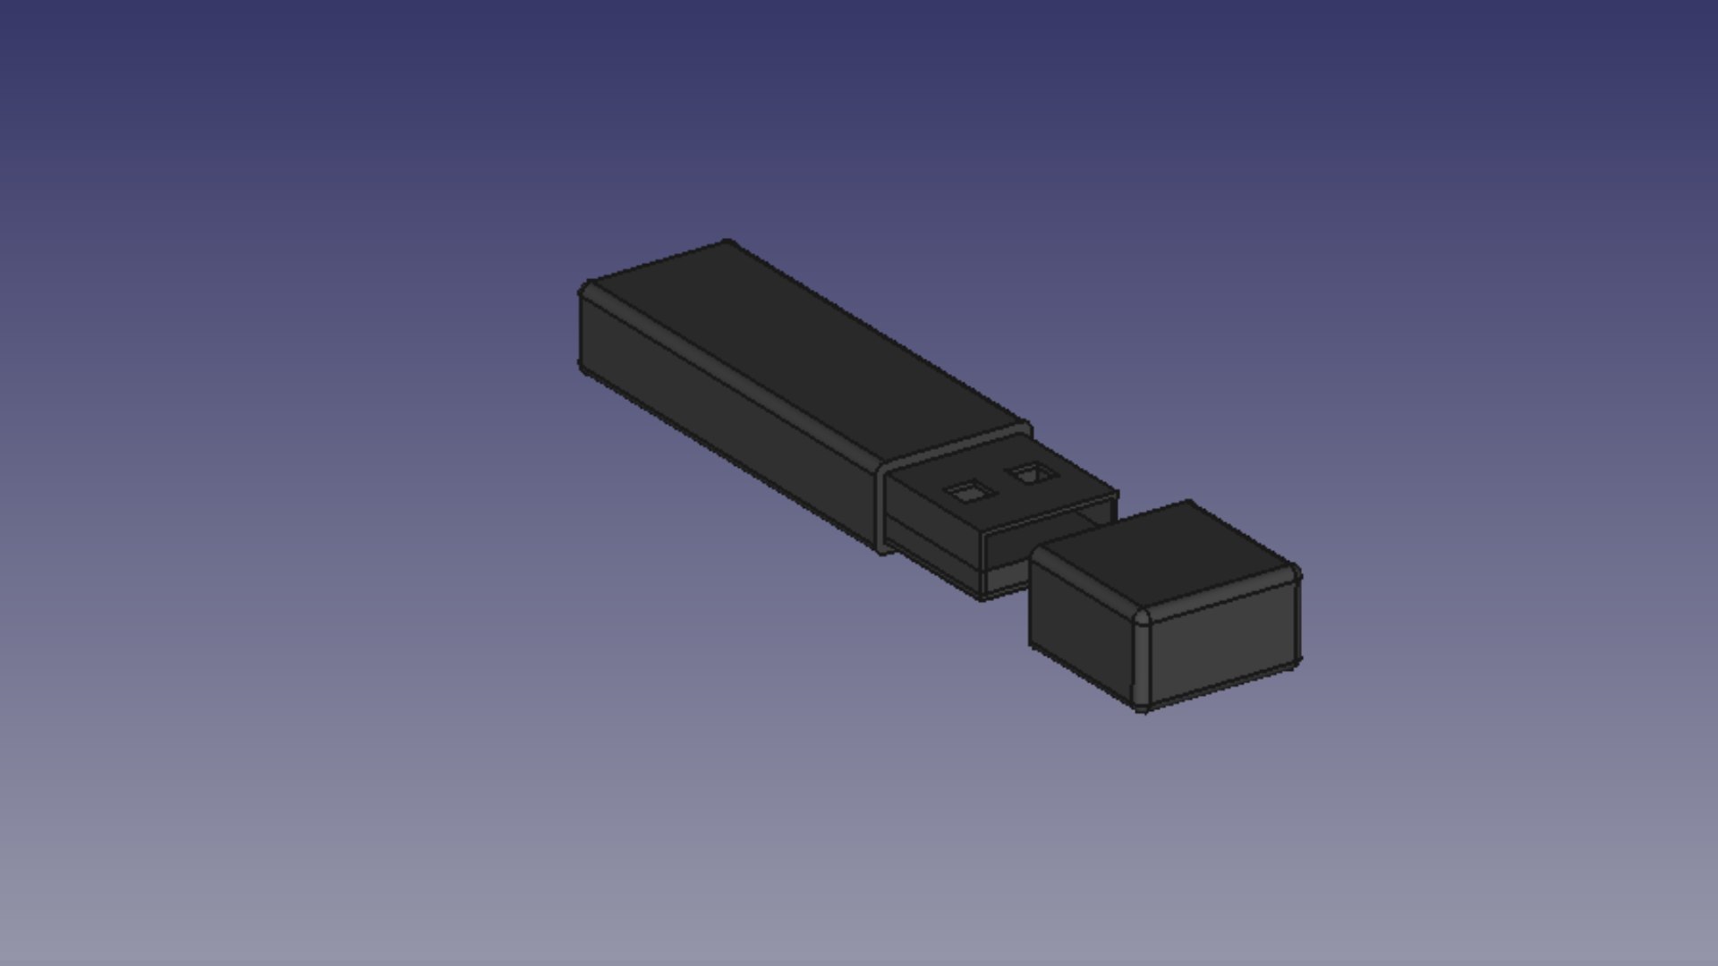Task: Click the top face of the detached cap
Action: coord(1163,555)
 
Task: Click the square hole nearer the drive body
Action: coord(969,491)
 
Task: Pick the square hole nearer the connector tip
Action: coord(1032,473)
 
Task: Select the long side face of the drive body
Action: coord(725,420)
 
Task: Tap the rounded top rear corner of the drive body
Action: coord(587,291)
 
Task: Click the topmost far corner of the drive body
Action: coord(727,242)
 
